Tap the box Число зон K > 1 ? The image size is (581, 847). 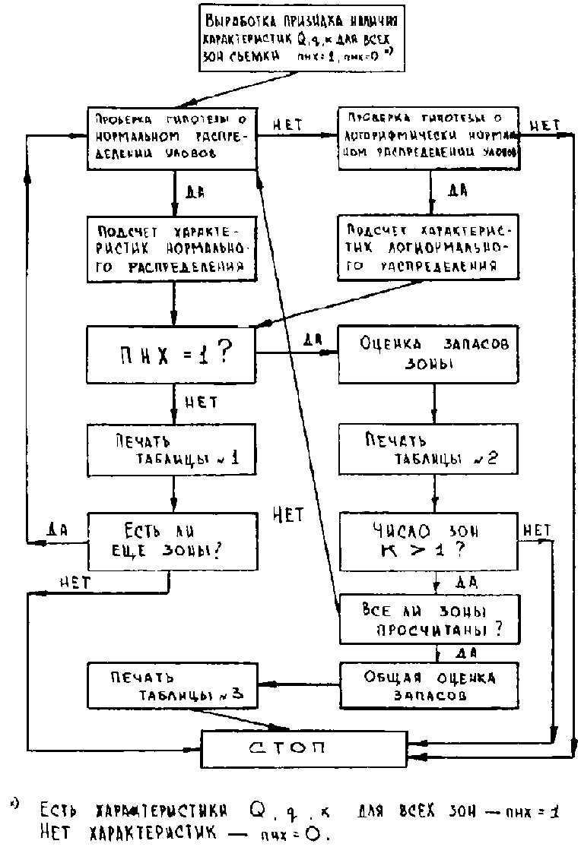tap(429, 541)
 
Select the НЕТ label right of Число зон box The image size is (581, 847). tap(537, 529)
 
